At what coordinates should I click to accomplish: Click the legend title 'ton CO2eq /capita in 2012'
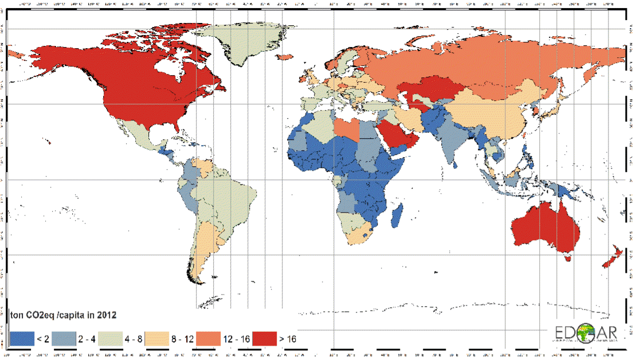point(64,315)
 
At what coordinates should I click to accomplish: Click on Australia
point(544,226)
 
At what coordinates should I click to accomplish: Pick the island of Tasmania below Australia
point(570,259)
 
